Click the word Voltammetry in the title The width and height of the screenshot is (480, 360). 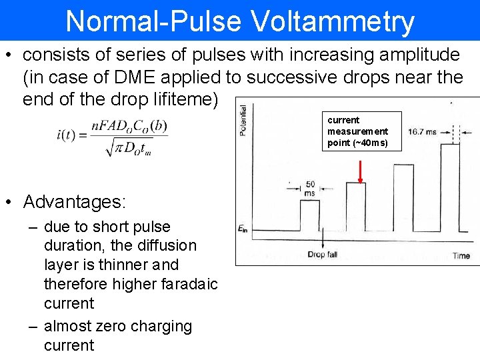coord(333,21)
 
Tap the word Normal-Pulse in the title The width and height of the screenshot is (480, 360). coord(153,21)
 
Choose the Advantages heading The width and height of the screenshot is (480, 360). coord(74,201)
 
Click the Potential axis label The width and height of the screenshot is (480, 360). coord(243,120)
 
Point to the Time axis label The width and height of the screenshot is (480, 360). coord(461,255)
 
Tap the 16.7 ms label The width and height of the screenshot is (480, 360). coord(422,132)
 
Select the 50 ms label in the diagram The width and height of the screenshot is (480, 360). coord(310,188)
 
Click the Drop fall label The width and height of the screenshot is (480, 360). coord(323,255)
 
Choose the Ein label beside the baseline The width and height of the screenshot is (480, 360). coord(244,229)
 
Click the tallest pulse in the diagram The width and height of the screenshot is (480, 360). coord(450,187)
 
